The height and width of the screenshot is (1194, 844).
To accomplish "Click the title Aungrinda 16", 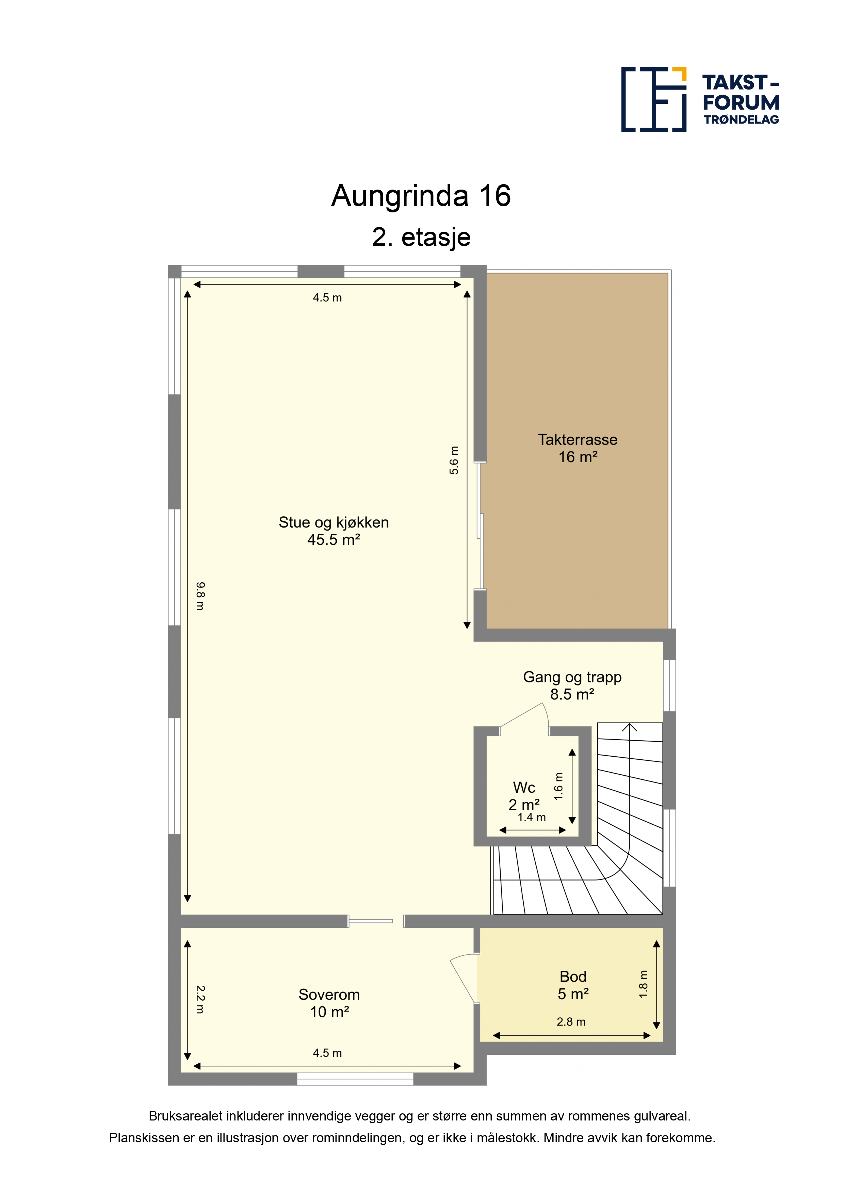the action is pyautogui.click(x=421, y=196).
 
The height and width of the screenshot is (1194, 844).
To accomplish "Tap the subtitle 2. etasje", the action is pyautogui.click(x=421, y=238).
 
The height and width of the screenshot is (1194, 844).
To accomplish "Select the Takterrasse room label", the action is pyautogui.click(x=578, y=440).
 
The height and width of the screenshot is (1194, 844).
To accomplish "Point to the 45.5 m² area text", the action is pyautogui.click(x=334, y=540).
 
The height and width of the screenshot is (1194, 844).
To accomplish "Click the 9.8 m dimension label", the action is pyautogui.click(x=200, y=596).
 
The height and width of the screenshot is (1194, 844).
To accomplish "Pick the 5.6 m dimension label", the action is pyautogui.click(x=454, y=460).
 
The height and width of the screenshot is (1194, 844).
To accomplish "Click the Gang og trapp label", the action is pyautogui.click(x=572, y=677).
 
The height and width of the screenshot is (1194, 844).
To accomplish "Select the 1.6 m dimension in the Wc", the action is pyautogui.click(x=558, y=786).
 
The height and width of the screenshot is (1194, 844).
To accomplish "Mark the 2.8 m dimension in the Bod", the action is pyautogui.click(x=571, y=1022).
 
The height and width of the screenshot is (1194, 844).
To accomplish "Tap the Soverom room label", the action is pyautogui.click(x=329, y=995).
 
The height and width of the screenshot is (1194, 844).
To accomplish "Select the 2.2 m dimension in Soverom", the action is pyautogui.click(x=200, y=1000).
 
